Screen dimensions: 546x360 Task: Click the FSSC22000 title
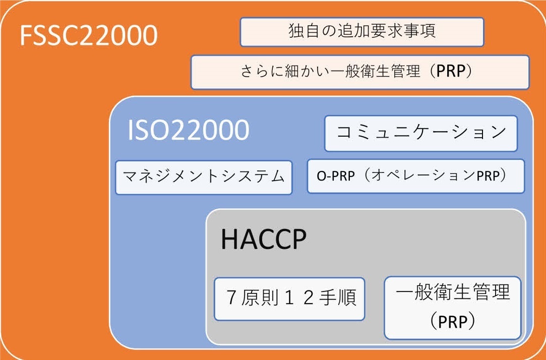coord(89,35)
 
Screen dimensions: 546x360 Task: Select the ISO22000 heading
coord(189,130)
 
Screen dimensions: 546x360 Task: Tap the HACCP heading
coord(264,239)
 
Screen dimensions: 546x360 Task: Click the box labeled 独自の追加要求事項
coord(362,32)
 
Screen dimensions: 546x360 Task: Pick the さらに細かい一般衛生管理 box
coord(360,72)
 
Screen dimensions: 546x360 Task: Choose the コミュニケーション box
coord(421,134)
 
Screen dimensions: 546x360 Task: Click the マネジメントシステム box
coord(204,177)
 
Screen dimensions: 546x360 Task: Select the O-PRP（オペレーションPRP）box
coord(416,176)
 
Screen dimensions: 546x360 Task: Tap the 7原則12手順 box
coord(289,299)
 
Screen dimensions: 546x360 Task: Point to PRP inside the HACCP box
coord(453,322)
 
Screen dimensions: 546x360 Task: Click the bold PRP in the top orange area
coord(451,71)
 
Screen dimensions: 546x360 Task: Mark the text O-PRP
coord(336,176)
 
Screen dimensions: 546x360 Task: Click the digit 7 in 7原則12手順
coord(231,297)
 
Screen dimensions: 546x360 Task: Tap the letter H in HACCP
coord(229,239)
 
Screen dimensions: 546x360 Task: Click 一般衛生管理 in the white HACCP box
coord(453,292)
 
